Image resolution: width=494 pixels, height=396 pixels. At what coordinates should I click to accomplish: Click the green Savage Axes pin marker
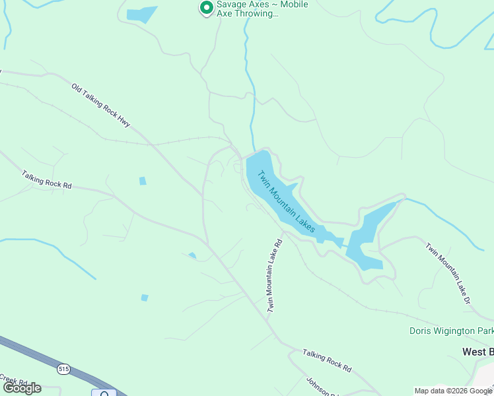[206, 8]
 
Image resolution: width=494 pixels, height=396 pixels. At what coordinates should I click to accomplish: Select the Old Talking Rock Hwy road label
[101, 105]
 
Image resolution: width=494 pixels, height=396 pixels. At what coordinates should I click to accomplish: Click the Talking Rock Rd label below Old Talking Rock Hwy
[46, 180]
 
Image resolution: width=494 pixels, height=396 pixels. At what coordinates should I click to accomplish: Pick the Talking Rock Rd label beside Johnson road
[327, 360]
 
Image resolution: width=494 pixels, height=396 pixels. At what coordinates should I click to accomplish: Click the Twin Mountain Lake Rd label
[275, 275]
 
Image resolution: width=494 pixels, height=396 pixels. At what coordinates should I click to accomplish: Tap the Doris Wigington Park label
[452, 331]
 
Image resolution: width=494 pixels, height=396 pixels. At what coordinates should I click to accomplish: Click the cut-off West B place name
[477, 352]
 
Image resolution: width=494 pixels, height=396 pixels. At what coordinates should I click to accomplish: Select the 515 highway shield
[63, 368]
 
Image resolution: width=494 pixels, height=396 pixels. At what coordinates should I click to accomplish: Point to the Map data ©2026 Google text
[453, 391]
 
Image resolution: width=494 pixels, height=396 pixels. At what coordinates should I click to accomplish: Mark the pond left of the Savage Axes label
[141, 14]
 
